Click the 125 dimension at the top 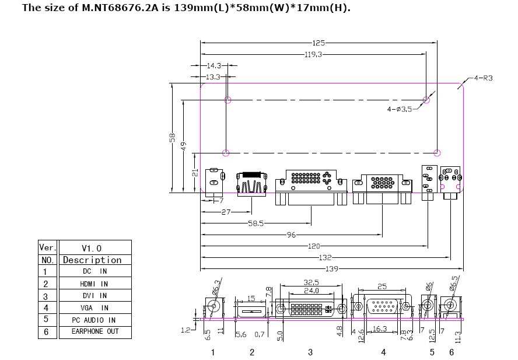pos(318,42)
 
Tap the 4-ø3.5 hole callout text pos(400,109)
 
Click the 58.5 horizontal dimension pos(256,223)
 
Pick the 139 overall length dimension pos(332,268)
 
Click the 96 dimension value pos(292,235)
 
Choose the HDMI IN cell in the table pos(94,284)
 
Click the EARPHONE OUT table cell pos(94,331)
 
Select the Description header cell pos(92,260)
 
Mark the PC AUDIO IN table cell pos(94,320)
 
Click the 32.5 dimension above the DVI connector pos(311,282)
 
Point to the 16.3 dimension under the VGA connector pos(380,329)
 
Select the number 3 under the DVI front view pos(310,352)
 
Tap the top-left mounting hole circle pos(229,100)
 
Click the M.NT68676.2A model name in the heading pos(119,8)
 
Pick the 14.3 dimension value pos(213,66)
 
